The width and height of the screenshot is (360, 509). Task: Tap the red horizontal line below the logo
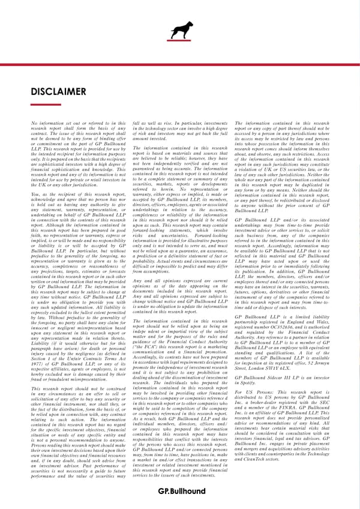point(180,63)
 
